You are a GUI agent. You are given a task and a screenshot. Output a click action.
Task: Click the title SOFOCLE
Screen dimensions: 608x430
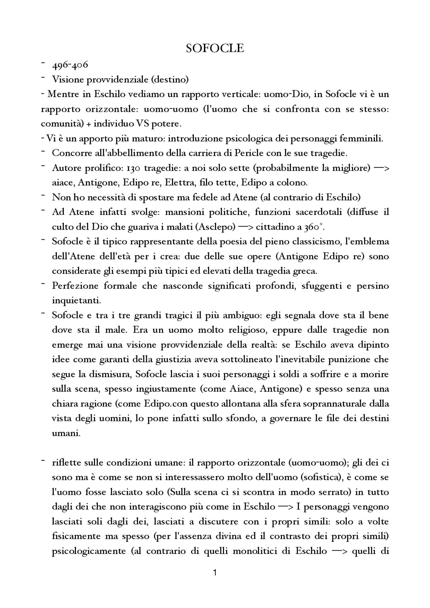(215, 48)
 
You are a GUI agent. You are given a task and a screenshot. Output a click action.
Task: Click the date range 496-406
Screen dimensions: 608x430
(70, 65)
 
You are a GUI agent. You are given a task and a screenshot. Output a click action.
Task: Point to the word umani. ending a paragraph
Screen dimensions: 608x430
(61, 433)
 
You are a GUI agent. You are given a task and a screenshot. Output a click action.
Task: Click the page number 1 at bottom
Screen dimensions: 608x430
(215, 582)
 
